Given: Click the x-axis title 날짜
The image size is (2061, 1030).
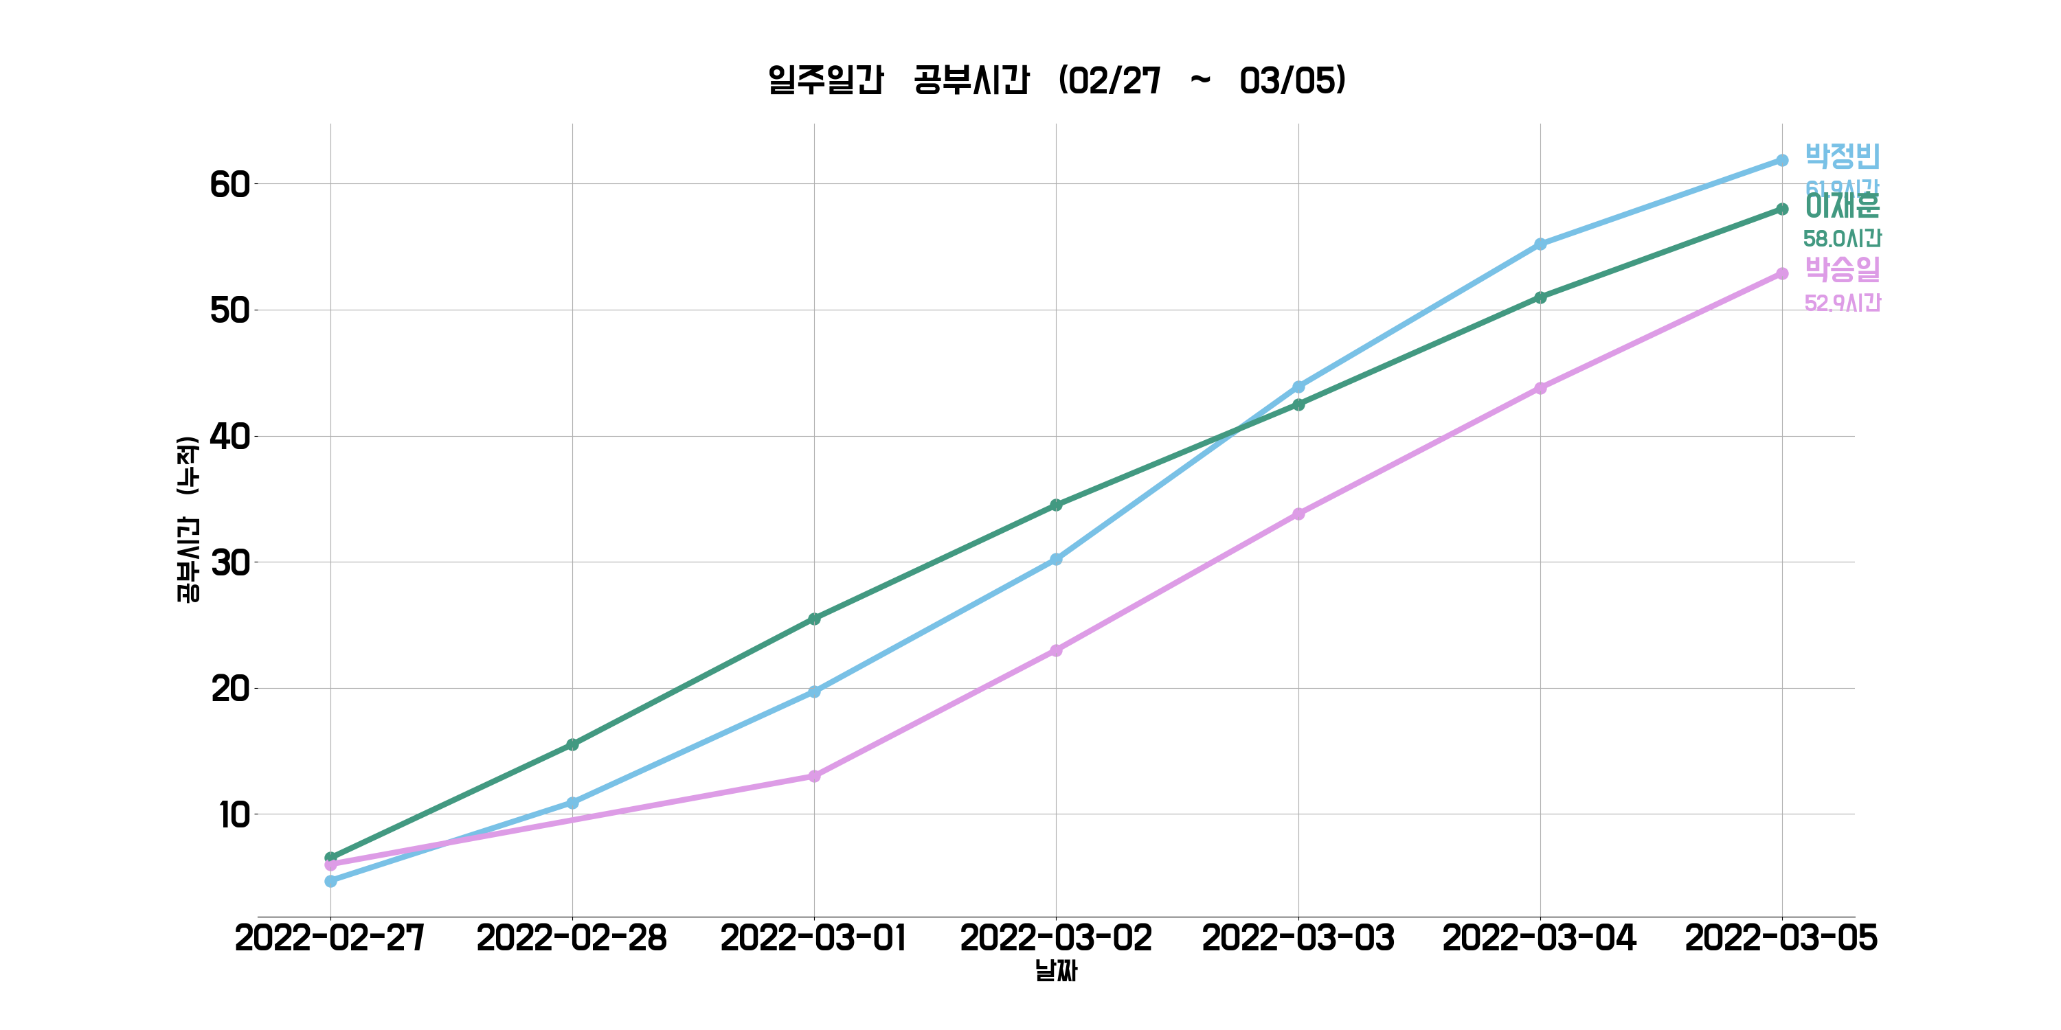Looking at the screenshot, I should coord(1056,971).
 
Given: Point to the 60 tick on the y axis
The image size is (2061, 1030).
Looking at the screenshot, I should coord(229,185).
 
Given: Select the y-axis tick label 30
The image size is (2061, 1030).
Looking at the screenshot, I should coord(229,563).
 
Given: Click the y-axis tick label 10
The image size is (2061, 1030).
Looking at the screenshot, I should coord(234,816).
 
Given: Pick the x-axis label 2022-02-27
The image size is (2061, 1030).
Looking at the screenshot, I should coord(330,938).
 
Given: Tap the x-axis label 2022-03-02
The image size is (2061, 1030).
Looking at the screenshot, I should coord(1056,938).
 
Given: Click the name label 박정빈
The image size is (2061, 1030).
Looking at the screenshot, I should coord(1842,156).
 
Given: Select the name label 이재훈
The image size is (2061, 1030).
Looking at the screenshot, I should coord(1842,206).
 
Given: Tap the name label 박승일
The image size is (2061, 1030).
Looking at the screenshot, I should coord(1842,269).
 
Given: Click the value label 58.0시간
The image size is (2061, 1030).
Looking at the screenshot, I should coord(1842,238).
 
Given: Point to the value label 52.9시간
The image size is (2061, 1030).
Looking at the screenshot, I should coord(1842,303).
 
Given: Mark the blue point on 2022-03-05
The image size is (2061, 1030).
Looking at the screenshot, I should coord(1782,161).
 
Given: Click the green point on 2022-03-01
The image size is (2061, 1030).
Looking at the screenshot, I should coord(815,619).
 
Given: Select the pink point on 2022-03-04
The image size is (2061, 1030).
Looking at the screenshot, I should coord(1540,389).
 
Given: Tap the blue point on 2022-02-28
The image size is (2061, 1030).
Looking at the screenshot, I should coord(572,803).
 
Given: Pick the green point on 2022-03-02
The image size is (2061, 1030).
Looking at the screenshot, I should coord(1056,505).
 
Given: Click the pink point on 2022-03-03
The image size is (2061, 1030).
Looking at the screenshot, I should coord(1298,514).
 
